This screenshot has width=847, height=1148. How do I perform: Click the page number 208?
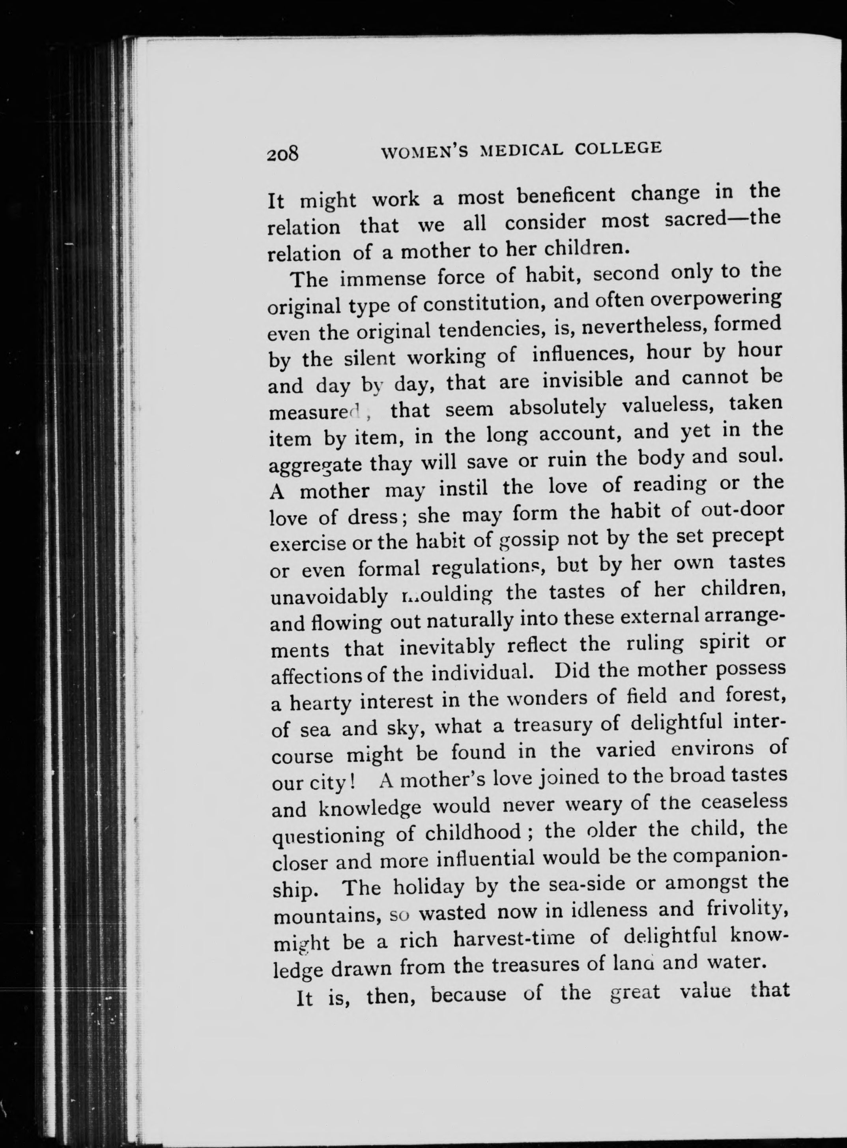(282, 154)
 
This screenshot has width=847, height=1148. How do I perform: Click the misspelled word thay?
(390, 465)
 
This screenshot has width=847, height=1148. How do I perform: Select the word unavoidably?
(329, 597)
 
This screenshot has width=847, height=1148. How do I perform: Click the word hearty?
(320, 703)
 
